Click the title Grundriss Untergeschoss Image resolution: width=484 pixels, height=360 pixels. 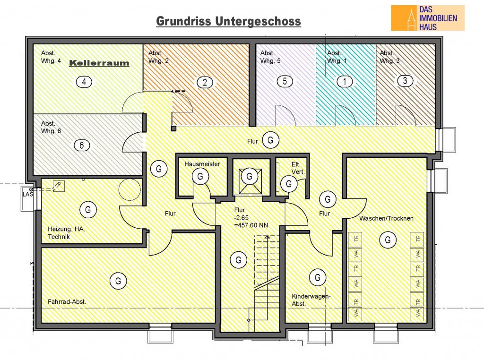[228, 21]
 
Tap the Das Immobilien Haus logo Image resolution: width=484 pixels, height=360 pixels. [427, 18]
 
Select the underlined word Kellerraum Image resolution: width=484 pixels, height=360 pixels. [99, 63]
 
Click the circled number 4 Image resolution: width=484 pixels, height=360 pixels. [84, 82]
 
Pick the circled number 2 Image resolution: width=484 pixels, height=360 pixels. [205, 82]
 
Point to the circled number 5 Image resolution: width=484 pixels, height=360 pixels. [285, 81]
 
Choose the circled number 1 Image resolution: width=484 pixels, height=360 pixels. [345, 81]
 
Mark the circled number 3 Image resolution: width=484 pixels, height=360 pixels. [405, 81]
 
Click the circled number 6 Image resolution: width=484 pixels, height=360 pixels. [82, 145]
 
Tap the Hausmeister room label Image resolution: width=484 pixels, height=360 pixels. [202, 164]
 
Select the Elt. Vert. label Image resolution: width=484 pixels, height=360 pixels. [298, 168]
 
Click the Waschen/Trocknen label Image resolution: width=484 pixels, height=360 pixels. [386, 218]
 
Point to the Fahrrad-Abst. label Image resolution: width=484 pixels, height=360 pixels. [67, 301]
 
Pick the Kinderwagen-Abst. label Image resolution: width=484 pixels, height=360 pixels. [311, 300]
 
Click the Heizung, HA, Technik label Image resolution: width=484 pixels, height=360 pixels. [66, 233]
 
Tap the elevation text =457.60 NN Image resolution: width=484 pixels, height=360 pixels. [251, 225]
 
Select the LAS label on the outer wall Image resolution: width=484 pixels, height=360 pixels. [28, 194]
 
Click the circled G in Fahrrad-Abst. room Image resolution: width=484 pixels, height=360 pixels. [118, 281]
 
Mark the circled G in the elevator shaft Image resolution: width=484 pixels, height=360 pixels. [249, 176]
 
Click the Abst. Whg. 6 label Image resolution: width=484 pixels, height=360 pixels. [51, 127]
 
